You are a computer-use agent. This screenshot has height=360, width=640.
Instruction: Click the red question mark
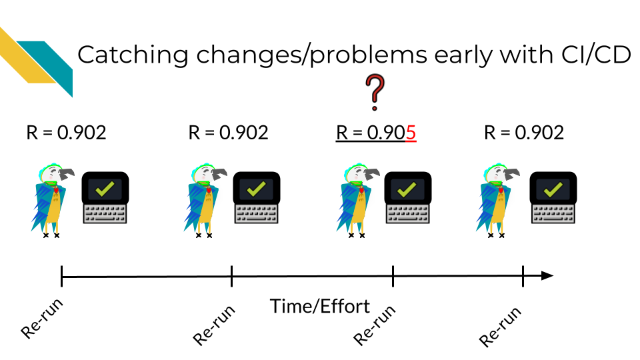coord(375,92)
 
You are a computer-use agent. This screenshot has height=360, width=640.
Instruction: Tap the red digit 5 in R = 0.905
coord(411,133)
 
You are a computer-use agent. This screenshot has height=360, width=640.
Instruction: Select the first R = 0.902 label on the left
coord(66,133)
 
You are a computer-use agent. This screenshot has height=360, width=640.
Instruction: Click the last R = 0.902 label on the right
coord(524,133)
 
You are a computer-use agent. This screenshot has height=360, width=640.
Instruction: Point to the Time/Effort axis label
coord(319,307)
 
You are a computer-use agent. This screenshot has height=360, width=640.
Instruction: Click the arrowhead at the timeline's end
coord(547,276)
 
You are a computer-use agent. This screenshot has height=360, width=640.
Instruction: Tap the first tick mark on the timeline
coord(61,276)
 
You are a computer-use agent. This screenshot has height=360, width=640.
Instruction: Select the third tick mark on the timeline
coord(393,276)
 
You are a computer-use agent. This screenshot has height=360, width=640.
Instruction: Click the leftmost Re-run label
coord(42,319)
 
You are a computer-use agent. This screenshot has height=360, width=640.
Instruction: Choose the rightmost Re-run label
coord(500,327)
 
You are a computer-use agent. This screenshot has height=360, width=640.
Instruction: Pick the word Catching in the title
coord(133,55)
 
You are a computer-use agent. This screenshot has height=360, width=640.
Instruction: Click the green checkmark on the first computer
coord(105,189)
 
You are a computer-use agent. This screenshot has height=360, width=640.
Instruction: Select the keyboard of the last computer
coord(553,214)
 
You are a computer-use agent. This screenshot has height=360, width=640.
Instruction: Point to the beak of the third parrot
coord(372,174)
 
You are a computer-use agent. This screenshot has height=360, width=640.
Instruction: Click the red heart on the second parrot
coord(209,190)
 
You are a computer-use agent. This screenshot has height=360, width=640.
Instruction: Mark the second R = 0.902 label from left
coord(228,133)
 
